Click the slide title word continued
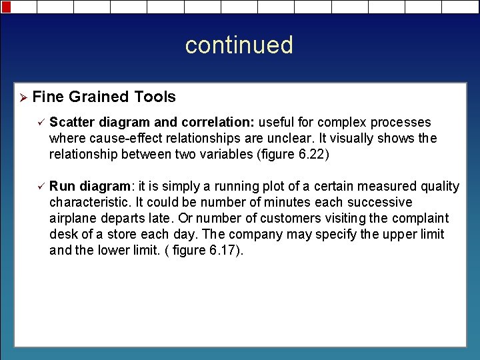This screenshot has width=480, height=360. tap(239, 45)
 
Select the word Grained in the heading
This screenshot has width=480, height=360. tap(99, 97)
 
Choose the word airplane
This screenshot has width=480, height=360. tap(73, 219)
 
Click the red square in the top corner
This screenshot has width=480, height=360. tap(5, 7)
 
